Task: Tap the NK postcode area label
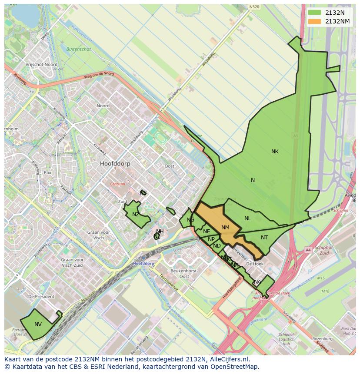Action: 275,152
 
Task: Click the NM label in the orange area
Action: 225,228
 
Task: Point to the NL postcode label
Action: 248,218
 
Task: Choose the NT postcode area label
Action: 264,238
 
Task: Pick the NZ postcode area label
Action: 136,215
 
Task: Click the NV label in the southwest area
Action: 38,324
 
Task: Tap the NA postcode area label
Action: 258,282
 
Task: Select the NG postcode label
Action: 190,220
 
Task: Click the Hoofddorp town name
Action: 115,164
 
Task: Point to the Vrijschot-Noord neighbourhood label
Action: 41,64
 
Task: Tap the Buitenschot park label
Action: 79,50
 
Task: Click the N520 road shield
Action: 255,7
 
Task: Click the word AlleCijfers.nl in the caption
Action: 234,359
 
